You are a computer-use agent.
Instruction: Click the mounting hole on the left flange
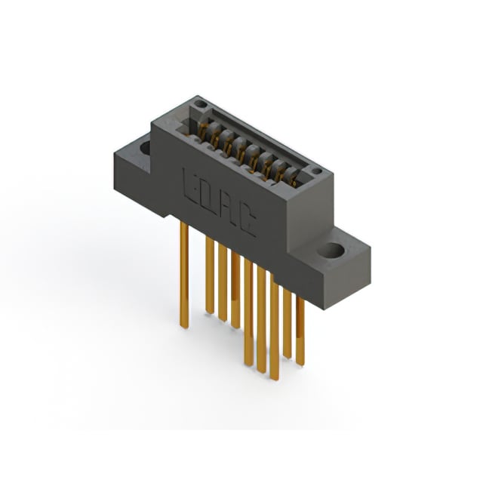(146, 147)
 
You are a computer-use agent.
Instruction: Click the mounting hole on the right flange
(332, 251)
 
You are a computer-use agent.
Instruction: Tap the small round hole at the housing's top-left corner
(201, 104)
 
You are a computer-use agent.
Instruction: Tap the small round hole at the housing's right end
(315, 171)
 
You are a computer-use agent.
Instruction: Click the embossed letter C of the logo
(248, 223)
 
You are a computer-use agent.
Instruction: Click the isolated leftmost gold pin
(184, 275)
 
